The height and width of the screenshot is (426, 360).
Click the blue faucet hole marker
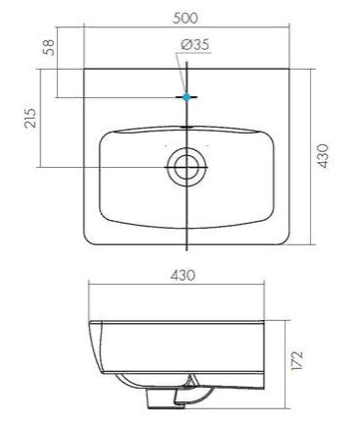186,97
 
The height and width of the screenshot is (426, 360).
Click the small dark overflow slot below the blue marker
186,127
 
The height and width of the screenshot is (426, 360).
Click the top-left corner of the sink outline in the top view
85,69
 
